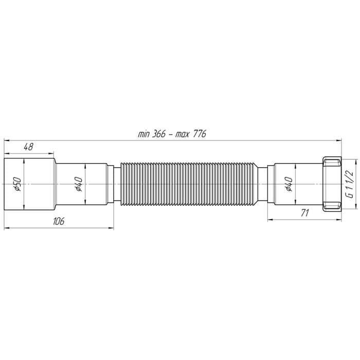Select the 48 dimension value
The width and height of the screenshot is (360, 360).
click(x=28, y=147)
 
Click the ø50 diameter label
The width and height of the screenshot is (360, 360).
click(x=17, y=184)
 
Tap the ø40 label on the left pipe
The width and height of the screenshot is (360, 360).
click(x=79, y=184)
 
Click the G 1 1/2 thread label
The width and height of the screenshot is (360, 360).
click(x=348, y=184)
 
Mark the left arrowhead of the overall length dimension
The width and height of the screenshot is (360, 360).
click(x=6, y=139)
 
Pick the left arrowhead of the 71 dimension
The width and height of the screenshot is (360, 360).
click(x=269, y=205)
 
